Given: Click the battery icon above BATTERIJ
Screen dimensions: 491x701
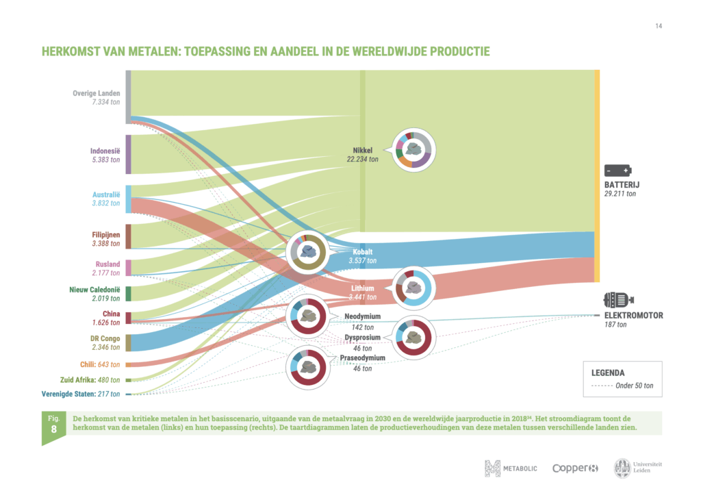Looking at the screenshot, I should click(617, 171).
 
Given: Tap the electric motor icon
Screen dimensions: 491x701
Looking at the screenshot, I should click(618, 300).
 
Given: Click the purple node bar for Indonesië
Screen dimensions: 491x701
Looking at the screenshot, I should click(128, 155).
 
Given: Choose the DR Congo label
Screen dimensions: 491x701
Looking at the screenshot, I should click(105, 338).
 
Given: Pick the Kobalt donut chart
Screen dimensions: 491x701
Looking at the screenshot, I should click(309, 252).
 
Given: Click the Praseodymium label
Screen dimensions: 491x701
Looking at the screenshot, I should click(362, 357).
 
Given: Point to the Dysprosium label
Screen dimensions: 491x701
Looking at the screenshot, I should click(363, 338).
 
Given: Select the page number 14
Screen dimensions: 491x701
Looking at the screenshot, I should click(659, 26).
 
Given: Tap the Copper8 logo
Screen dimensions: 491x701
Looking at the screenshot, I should click(575, 468).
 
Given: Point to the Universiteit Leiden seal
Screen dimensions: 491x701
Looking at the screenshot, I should click(624, 468).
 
